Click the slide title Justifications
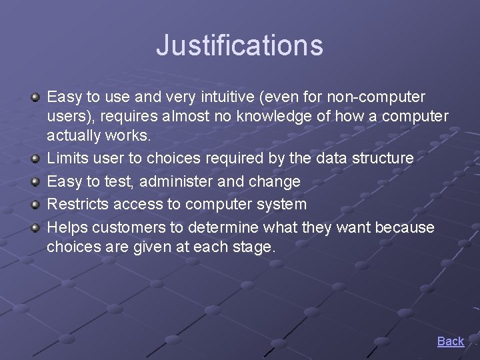click(239, 45)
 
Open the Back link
click(450, 341)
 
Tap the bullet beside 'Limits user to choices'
click(35, 158)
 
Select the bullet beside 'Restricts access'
click(35, 204)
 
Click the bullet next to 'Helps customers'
click(35, 227)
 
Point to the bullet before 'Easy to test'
click(35, 181)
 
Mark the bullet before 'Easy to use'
click(35, 97)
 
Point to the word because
click(404, 227)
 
